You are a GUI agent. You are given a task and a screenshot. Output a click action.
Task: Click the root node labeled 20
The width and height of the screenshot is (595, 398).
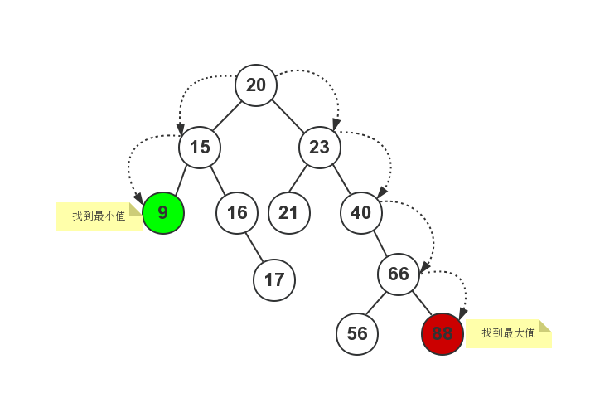click(x=256, y=85)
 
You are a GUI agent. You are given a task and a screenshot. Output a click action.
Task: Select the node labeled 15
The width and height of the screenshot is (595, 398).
click(x=200, y=148)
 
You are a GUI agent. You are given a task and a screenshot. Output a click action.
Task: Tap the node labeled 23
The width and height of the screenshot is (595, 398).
click(x=320, y=148)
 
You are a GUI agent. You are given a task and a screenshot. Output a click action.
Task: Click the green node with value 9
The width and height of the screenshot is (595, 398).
click(x=163, y=213)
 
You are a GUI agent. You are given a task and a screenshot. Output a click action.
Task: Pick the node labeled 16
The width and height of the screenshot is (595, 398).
click(x=237, y=213)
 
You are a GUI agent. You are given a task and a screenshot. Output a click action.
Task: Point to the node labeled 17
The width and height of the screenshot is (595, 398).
click(x=274, y=280)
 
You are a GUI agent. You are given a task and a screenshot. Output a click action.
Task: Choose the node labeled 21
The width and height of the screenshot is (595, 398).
click(x=288, y=213)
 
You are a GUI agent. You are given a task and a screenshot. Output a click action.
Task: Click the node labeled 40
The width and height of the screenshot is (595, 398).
click(x=361, y=213)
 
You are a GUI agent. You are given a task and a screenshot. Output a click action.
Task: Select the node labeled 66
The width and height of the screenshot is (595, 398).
click(x=399, y=274)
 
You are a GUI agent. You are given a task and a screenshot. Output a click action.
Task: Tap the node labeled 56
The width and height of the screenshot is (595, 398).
click(x=357, y=334)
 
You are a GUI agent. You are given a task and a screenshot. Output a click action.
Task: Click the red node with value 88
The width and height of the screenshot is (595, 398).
click(x=443, y=334)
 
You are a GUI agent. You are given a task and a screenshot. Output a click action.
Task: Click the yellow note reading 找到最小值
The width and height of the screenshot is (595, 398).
click(x=99, y=216)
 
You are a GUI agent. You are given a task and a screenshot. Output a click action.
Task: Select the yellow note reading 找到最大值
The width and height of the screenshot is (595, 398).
click(x=508, y=333)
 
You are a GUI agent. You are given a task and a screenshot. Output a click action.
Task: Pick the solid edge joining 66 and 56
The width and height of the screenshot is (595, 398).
click(x=377, y=305)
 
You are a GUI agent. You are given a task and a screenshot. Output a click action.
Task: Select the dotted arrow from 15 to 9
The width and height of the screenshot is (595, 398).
click(x=133, y=158)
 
